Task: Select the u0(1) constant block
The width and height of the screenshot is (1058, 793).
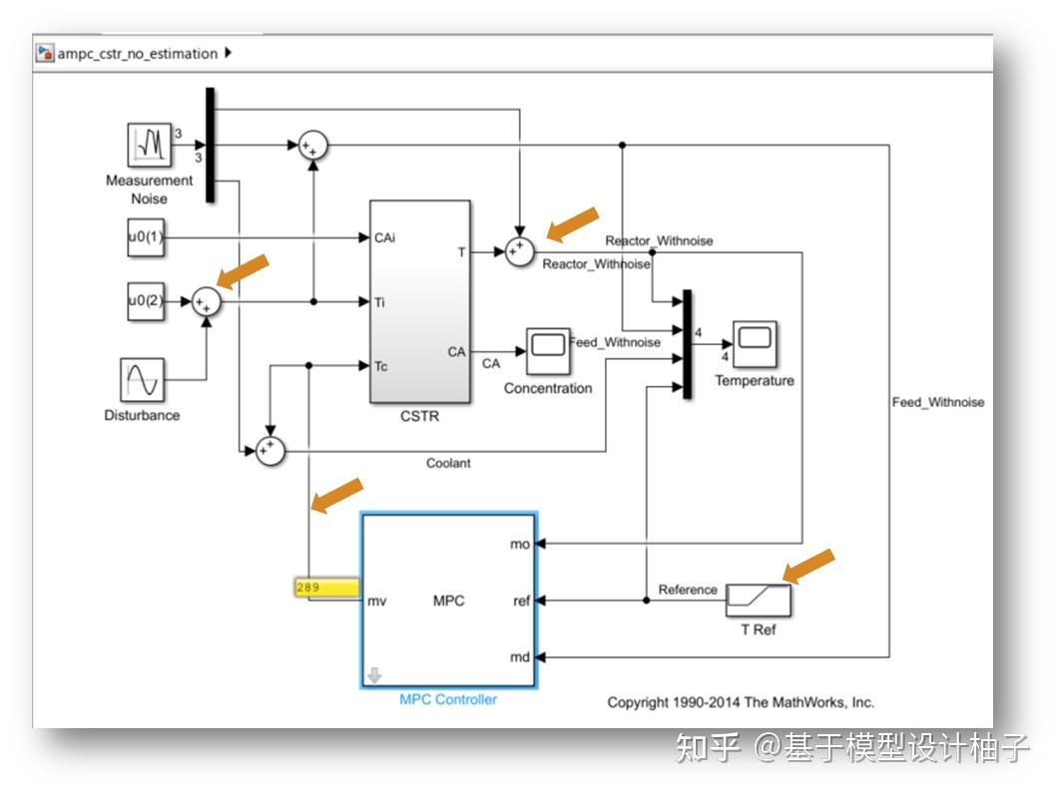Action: pyautogui.click(x=145, y=237)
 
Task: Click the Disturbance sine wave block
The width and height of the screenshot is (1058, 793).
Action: pyautogui.click(x=142, y=380)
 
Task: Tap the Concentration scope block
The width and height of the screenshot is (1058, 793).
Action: pyautogui.click(x=548, y=348)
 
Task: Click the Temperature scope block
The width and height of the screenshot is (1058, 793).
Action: pyautogui.click(x=755, y=343)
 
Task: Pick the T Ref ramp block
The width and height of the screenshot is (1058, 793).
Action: pyautogui.click(x=758, y=600)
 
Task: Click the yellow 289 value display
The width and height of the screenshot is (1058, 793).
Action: pyautogui.click(x=326, y=588)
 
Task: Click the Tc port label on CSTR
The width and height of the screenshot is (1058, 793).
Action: pyautogui.click(x=381, y=366)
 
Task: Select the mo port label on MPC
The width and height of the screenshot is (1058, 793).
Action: pyautogui.click(x=519, y=545)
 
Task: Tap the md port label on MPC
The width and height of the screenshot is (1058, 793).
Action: pyautogui.click(x=519, y=657)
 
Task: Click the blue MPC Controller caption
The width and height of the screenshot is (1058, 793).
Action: pyautogui.click(x=448, y=699)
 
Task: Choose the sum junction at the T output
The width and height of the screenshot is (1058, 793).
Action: pyautogui.click(x=519, y=253)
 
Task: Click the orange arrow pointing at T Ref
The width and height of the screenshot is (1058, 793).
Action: pyautogui.click(x=808, y=565)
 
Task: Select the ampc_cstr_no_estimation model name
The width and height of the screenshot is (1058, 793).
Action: pyautogui.click(x=137, y=54)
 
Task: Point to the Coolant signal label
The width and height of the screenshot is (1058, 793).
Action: pyautogui.click(x=448, y=463)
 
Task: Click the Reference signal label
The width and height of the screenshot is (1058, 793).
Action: pyautogui.click(x=688, y=590)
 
